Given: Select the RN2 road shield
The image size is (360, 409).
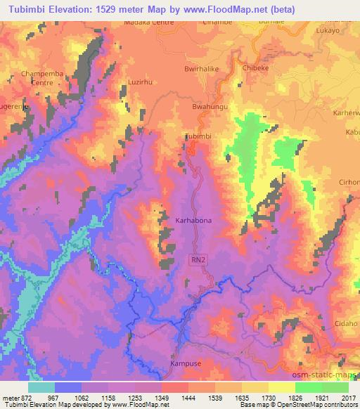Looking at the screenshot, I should [x=199, y=259].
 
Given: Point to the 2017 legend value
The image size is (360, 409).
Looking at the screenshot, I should [x=349, y=398].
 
